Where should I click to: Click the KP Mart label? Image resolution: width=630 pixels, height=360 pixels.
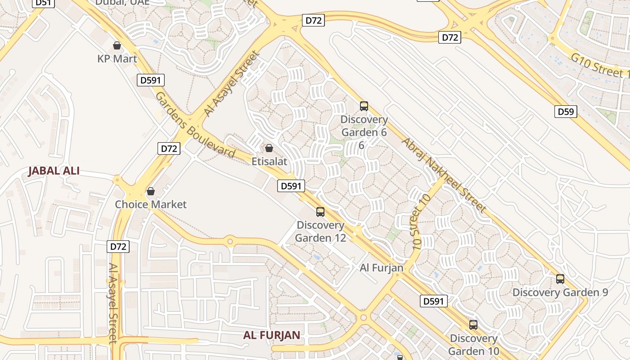(117, 58)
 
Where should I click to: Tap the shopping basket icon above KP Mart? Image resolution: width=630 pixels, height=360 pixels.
(117, 45)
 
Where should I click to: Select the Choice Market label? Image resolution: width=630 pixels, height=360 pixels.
(150, 204)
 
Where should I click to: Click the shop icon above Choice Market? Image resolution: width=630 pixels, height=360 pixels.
(151, 192)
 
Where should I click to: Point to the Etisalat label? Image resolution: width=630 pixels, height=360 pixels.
(269, 161)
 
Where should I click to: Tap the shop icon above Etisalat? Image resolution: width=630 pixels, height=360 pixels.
(269, 148)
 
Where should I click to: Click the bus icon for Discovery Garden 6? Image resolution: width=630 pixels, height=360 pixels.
(364, 106)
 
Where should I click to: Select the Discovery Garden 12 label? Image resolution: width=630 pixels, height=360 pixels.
(320, 231)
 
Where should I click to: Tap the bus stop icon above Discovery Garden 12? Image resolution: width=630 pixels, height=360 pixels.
(320, 211)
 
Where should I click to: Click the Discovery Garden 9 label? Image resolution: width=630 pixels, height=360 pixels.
(560, 292)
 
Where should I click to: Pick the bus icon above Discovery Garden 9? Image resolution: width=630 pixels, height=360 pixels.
(560, 279)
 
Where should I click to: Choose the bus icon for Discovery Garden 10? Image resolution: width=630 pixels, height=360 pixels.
(473, 325)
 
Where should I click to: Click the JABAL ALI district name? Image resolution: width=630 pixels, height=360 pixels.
(54, 171)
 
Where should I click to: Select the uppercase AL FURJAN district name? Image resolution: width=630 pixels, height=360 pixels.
(271, 335)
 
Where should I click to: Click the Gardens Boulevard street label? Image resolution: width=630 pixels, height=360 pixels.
(195, 126)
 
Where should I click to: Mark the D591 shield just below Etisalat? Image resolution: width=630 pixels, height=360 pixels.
(291, 186)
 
